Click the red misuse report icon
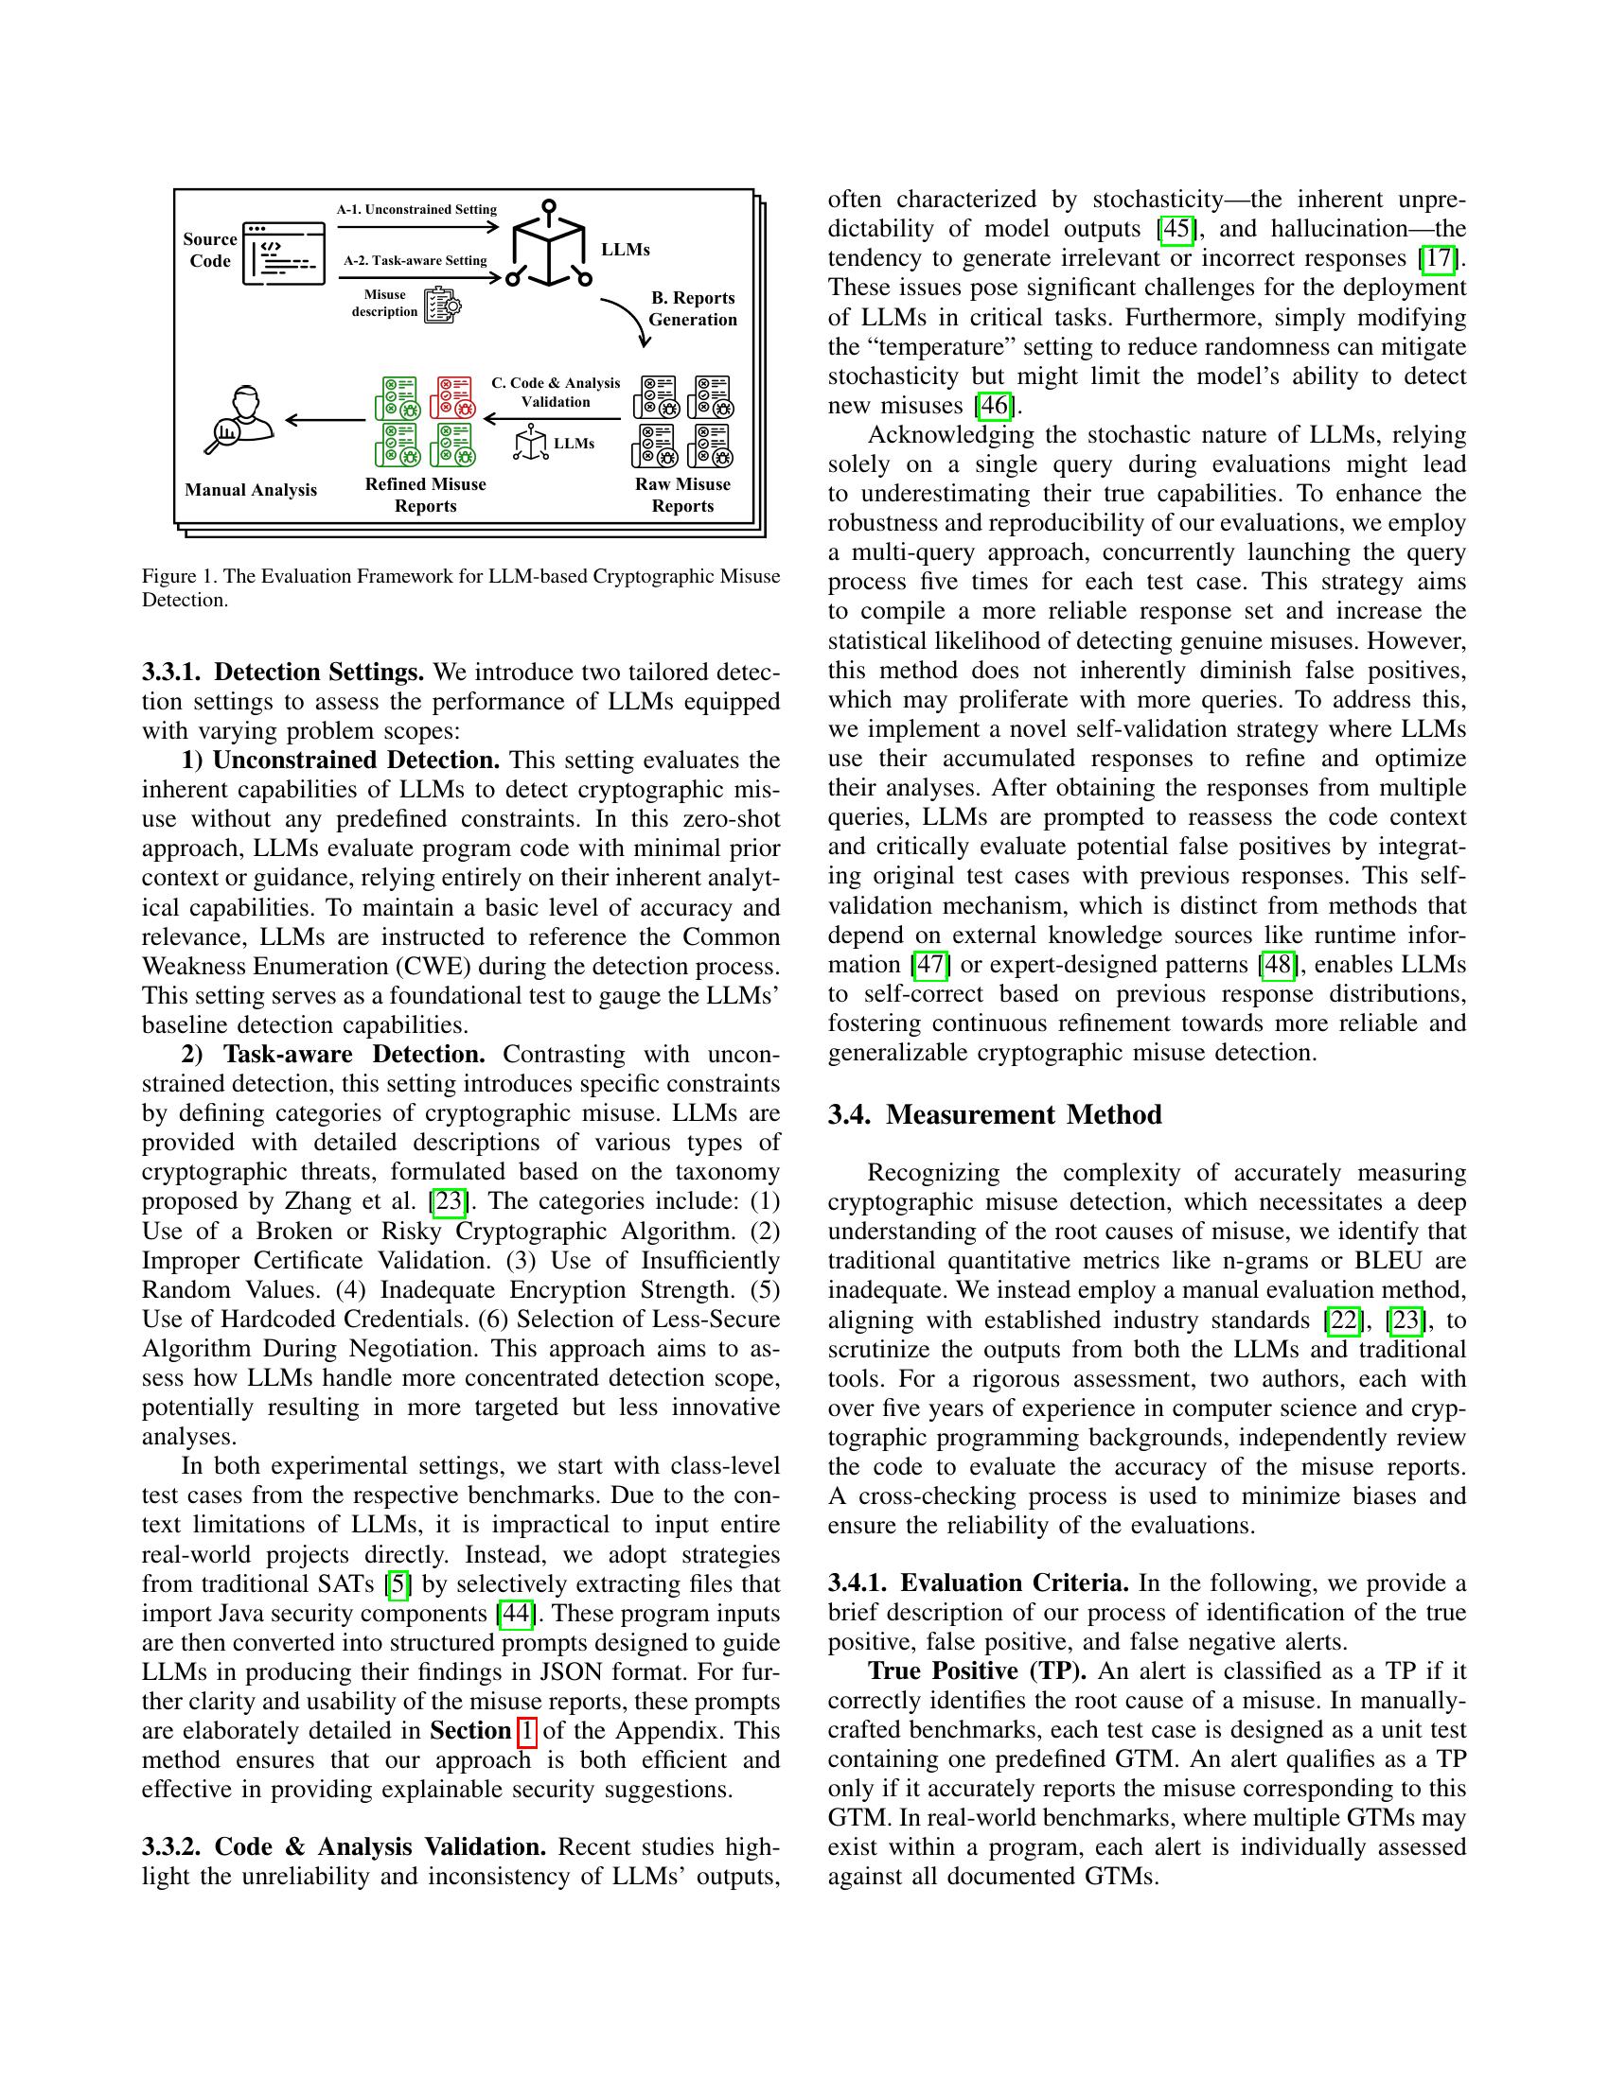click(x=452, y=397)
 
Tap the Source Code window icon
click(x=283, y=254)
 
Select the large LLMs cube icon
click(x=548, y=246)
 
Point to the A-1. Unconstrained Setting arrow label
click(x=416, y=210)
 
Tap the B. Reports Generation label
click(x=693, y=308)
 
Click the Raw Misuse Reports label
click(x=682, y=495)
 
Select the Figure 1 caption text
click(x=460, y=588)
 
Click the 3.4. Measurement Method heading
click(x=994, y=1115)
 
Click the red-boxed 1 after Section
click(x=526, y=1730)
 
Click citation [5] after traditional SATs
click(x=398, y=1583)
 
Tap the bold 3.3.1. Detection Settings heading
click(x=283, y=672)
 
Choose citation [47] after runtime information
click(x=930, y=964)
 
